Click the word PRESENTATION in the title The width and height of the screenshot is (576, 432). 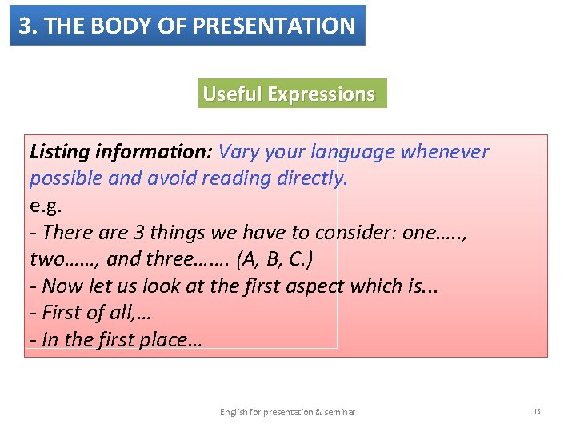click(283, 26)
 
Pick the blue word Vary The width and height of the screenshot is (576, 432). click(237, 152)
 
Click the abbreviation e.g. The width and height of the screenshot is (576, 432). click(46, 206)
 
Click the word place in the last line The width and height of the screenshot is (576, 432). click(163, 339)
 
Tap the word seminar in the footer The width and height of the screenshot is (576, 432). click(339, 412)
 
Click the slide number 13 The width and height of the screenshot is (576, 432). click(537, 411)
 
